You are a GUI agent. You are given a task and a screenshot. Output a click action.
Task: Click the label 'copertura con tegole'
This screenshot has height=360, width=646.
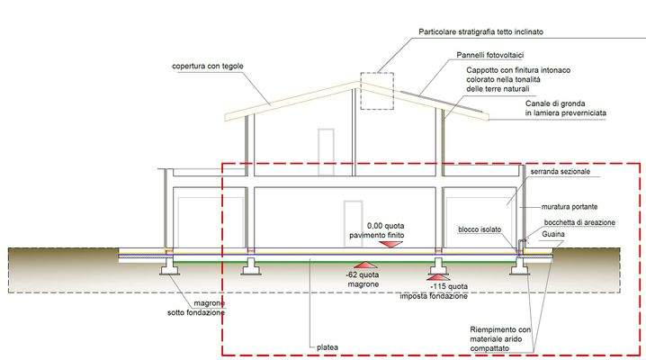tap(210, 67)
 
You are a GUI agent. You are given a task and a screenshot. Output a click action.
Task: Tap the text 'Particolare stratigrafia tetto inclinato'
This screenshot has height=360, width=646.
tap(493, 31)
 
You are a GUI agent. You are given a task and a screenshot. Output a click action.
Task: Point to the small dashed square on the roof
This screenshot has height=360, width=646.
tap(377, 91)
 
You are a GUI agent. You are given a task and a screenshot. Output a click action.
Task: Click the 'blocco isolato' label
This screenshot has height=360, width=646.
tap(480, 229)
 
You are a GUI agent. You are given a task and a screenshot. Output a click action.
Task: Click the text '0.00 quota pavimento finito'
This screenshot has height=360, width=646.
tap(391, 230)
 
